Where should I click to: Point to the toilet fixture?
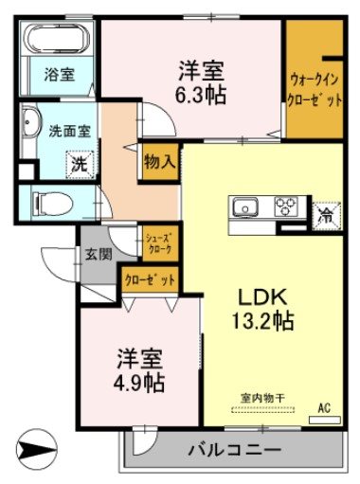tap(51, 202)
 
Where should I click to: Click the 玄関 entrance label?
tap(98, 253)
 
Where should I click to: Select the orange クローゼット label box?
tap(149, 281)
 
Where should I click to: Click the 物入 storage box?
tap(158, 161)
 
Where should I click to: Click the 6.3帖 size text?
tap(200, 94)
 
